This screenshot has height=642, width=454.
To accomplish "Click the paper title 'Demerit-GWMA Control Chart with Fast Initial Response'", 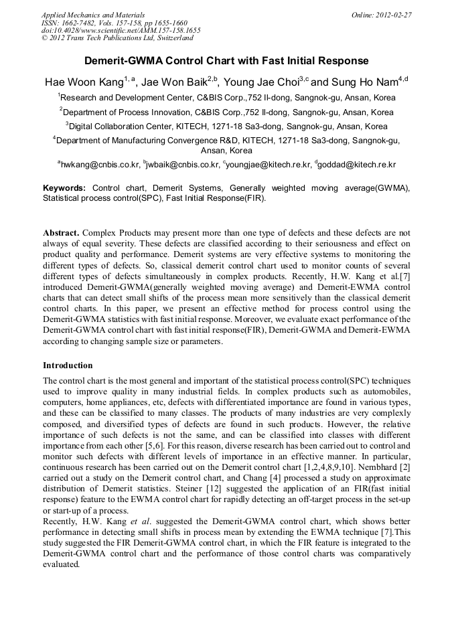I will point(226,61).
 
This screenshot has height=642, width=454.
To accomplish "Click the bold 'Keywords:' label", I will point(64,188).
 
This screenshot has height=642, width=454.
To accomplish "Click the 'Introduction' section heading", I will point(68,366).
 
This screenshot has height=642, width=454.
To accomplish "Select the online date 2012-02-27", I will point(394,15).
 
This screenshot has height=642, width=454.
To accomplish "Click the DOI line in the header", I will point(121,31).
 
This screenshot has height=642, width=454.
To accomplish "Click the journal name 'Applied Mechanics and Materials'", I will point(92,15).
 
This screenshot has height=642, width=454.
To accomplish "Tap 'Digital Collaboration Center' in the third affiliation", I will point(121,126).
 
